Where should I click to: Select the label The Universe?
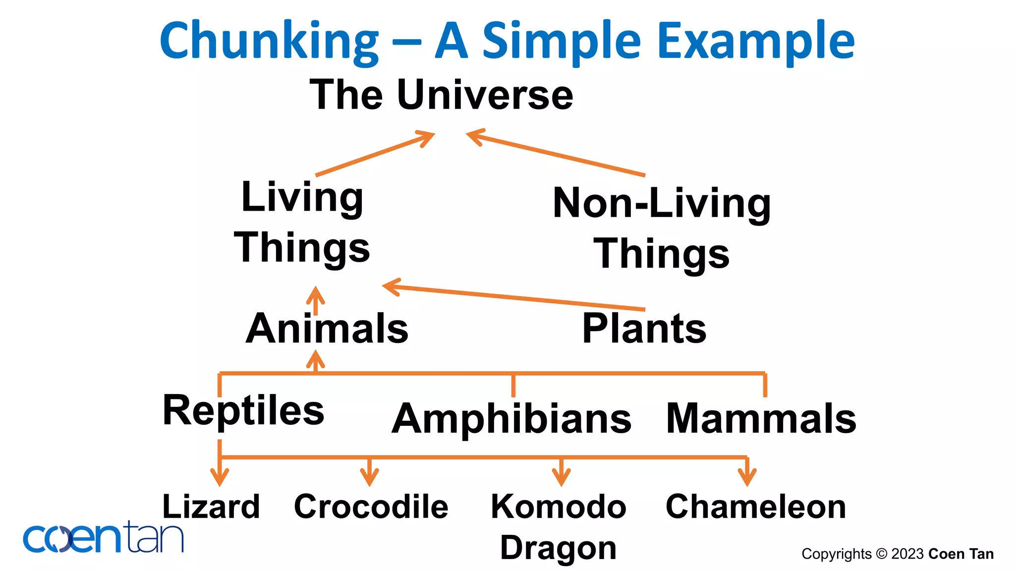click(441, 95)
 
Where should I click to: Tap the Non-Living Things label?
click(662, 228)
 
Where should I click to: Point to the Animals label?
click(327, 329)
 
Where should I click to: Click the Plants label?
click(644, 329)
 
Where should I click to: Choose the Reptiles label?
click(243, 410)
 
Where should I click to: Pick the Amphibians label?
click(511, 419)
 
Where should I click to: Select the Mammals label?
click(761, 419)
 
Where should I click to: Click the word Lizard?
click(211, 507)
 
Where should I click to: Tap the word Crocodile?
click(371, 507)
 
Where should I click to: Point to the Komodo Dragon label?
click(559, 527)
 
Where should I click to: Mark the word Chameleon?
click(756, 507)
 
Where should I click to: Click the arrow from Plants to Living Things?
click(515, 298)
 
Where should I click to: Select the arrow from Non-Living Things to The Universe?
click(555, 153)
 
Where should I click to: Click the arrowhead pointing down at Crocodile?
click(370, 477)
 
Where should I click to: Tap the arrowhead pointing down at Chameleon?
click(747, 477)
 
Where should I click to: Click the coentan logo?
click(103, 538)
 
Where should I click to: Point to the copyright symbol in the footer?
click(881, 554)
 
